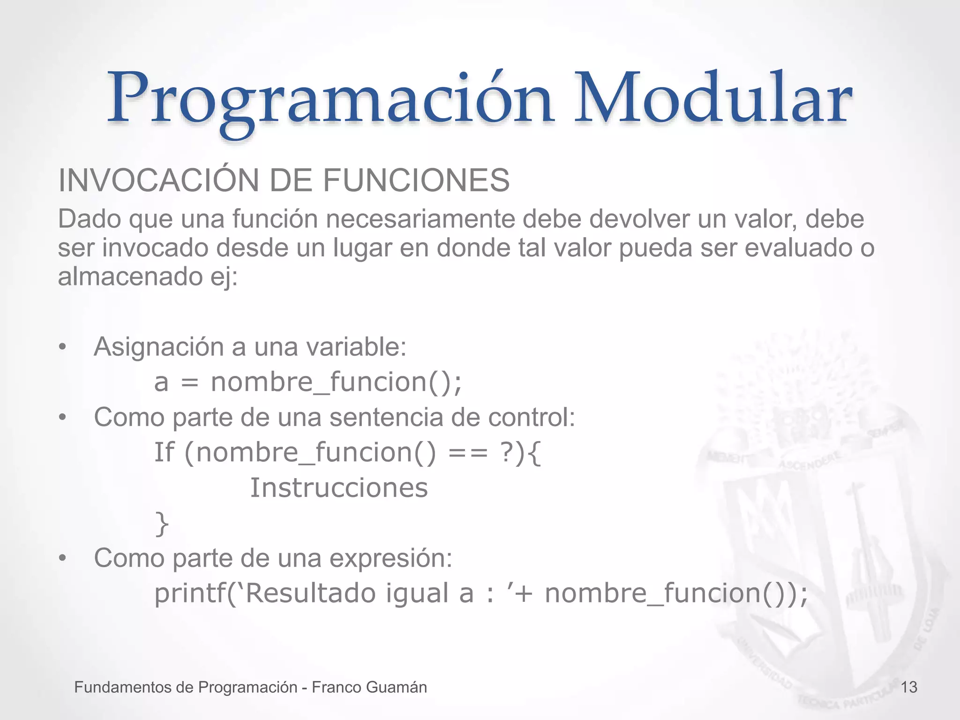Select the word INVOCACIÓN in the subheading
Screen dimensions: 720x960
pos(158,180)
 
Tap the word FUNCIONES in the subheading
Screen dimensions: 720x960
pos(416,180)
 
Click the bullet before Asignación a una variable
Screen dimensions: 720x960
pos(62,347)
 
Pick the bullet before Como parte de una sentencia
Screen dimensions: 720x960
pos(62,418)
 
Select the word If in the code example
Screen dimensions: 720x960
pos(164,452)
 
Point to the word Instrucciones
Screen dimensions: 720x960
pos(339,488)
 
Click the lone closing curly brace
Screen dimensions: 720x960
pos(162,524)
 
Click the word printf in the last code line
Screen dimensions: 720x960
pos(190,593)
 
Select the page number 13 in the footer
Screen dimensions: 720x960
pos(909,687)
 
